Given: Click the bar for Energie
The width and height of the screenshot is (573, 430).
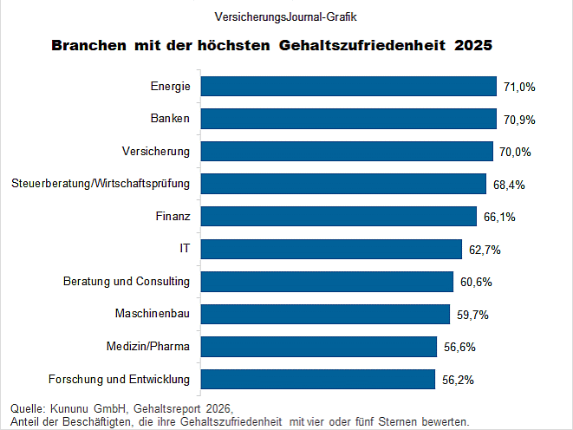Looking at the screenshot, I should coord(349,86).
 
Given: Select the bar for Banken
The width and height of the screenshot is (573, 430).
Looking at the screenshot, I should coord(349,119).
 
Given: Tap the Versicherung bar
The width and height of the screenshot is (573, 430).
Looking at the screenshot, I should coord(347,151).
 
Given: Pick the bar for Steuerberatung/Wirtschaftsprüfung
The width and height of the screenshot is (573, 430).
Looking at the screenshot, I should coord(343,184).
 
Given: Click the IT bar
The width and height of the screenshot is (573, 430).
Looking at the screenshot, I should coord(331,249).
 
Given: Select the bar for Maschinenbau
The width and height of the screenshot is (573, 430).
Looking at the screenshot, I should coord(325,314).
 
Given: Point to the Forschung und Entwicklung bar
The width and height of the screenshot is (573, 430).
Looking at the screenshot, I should coord(317,379).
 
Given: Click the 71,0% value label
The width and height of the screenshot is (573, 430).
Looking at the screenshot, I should coord(519,87).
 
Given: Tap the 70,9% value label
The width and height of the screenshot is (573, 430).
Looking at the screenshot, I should coord(518,120).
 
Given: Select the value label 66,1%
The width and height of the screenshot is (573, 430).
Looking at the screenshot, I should coord(498,217).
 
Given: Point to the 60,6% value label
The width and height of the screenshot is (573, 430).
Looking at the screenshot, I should coord(476,282).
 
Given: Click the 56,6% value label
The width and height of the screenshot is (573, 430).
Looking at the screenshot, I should coord(459,347).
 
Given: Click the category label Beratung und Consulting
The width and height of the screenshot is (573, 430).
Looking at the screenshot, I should coord(127,282).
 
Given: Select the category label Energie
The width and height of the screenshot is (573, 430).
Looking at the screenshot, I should coord(169,87).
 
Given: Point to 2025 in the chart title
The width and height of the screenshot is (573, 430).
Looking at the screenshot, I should coord(473,44).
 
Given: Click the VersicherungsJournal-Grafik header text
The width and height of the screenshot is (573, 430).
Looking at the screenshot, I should coord(285,16).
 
